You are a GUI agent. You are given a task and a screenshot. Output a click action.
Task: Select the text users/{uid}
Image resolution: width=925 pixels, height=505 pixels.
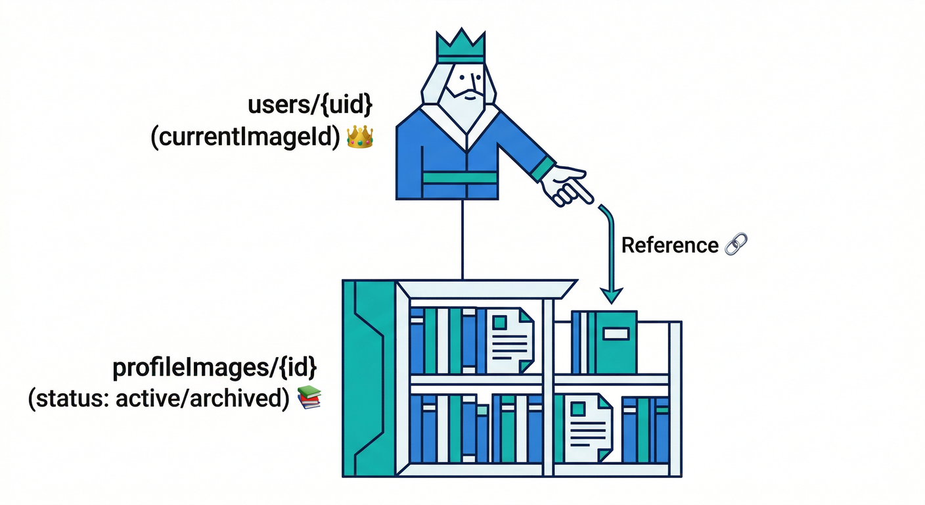coord(310,105)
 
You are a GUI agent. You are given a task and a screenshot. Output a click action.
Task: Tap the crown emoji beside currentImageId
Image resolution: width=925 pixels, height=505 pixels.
coord(359,137)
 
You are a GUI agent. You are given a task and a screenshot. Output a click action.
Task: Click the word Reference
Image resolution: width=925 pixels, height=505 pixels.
coord(669,245)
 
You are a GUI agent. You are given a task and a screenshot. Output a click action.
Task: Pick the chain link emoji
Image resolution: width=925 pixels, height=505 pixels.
coord(736,245)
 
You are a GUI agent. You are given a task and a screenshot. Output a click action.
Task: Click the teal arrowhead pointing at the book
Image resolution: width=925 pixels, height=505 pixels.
coord(611,295)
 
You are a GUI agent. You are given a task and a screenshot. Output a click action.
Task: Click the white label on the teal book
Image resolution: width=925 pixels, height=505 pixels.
coord(616,334)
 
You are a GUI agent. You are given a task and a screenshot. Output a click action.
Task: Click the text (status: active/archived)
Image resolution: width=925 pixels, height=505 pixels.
coord(159,398)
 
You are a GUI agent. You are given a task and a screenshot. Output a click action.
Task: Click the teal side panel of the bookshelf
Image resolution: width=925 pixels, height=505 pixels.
coord(368,378)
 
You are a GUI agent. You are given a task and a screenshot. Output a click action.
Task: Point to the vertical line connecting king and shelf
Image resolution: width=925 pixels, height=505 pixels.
coord(463,240)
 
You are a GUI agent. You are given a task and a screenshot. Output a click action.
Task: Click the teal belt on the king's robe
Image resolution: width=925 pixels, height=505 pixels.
coord(459,178)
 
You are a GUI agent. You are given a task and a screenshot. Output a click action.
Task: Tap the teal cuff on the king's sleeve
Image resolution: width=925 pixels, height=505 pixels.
coord(543,169)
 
